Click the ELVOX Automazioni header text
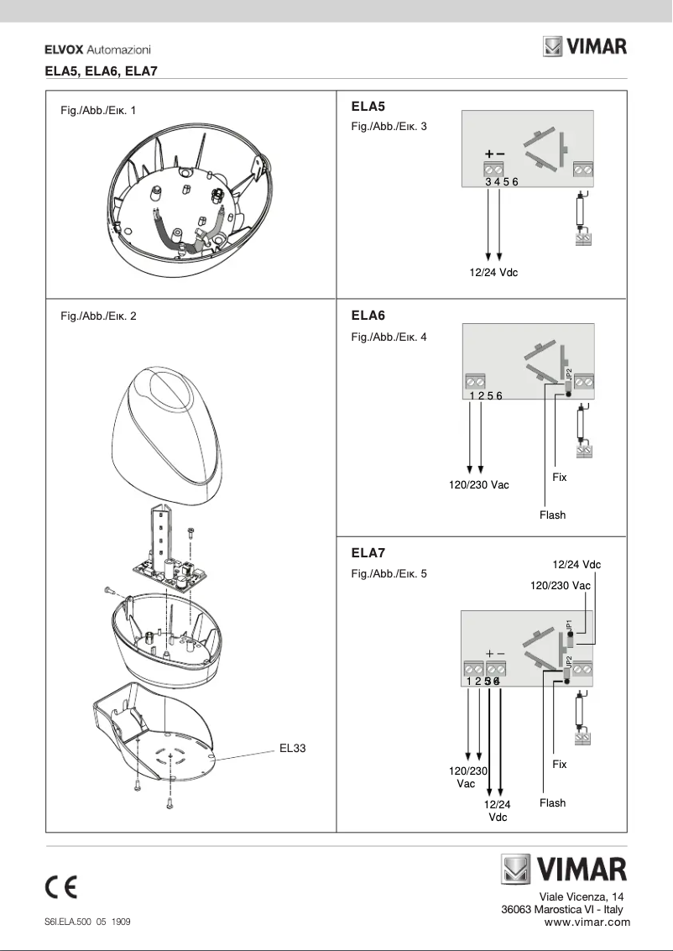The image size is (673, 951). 97,50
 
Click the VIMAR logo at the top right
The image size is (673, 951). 585,46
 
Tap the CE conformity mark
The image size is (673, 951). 61,887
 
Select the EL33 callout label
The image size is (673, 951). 292,749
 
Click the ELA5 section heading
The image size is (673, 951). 368,107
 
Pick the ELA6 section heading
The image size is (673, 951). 368,316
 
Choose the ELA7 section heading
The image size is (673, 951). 368,553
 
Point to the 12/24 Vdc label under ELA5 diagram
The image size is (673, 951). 493,273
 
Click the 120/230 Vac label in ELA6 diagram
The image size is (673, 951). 479,484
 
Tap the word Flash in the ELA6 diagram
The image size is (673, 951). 552,515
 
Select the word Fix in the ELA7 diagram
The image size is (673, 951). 560,765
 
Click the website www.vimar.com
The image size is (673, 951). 587,922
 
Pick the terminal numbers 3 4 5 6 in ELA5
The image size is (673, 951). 502,181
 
